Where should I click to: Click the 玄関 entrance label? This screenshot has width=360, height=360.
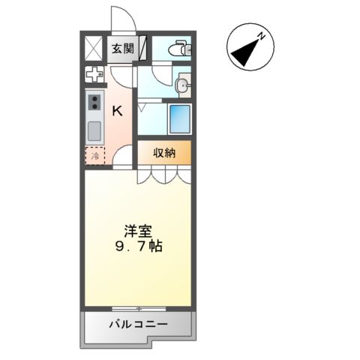tap(124, 49)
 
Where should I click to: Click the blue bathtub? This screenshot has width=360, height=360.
tap(179, 120)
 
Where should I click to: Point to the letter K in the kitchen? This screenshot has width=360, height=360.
tap(118, 111)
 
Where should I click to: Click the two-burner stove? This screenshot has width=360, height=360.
tap(95, 101)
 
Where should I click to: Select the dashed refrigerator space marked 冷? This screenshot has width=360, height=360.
tap(95, 157)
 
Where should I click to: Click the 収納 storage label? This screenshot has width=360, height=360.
tap(164, 153)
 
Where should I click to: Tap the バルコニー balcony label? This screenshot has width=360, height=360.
tap(137, 324)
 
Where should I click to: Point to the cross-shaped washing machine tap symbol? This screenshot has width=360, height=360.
tap(95, 75)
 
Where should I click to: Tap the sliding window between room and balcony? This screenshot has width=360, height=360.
tap(137, 308)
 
